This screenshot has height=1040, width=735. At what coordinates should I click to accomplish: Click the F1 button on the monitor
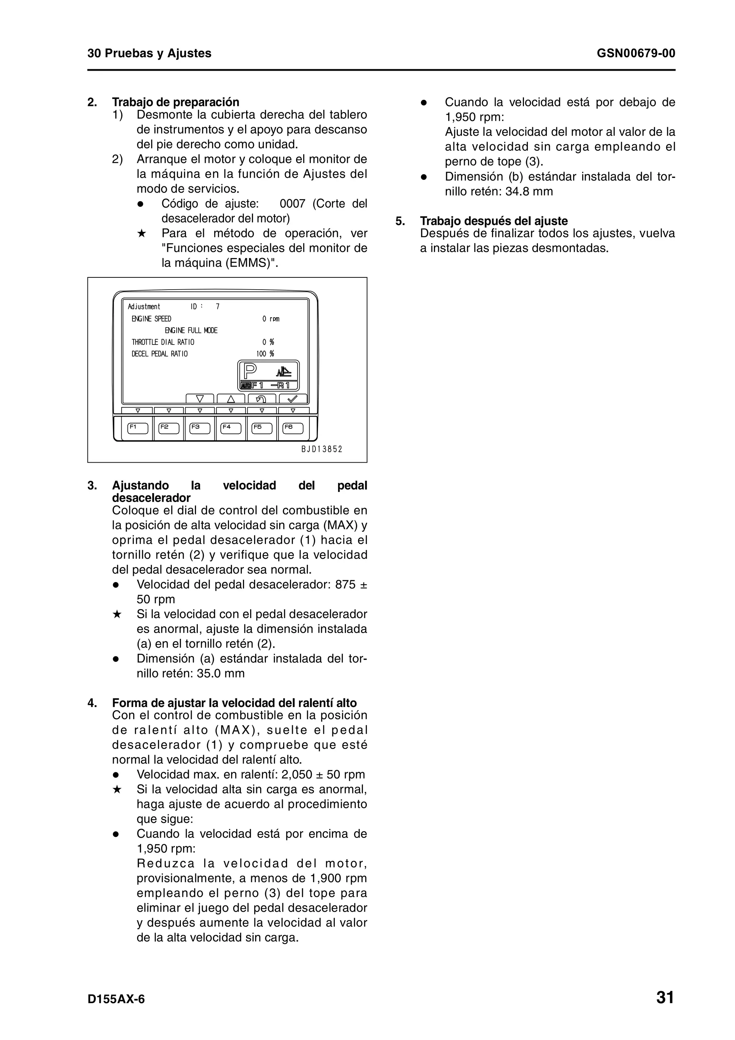coord(138,428)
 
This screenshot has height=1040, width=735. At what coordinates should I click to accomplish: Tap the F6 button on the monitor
coord(293,428)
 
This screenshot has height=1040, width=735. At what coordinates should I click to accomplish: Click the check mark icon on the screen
coord(293,399)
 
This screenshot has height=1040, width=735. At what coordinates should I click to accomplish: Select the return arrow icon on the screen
coord(262,399)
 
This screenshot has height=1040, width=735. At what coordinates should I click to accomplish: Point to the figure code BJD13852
coord(322,449)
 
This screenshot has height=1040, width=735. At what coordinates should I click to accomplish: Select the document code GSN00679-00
coord(636,53)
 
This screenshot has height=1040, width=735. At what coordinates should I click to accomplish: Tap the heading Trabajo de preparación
coord(176,102)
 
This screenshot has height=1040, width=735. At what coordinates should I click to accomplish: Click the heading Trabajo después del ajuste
coord(493,221)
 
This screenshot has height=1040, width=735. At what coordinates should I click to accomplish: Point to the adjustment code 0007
coord(292,204)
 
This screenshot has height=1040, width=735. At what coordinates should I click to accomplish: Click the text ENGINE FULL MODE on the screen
coord(191,331)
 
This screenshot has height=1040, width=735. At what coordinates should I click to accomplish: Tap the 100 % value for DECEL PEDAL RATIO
coord(265,354)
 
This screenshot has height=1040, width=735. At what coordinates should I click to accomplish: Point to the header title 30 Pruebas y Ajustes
coord(149,53)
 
